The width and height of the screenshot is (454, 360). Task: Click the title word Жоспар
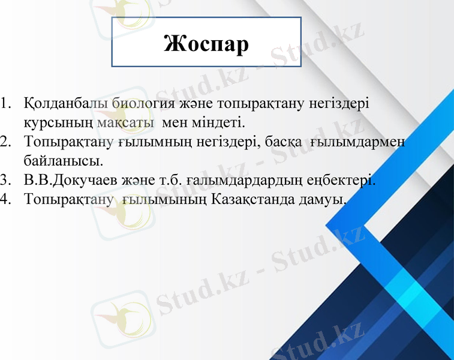point(206,43)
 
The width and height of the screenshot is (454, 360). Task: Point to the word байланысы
point(63,161)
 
